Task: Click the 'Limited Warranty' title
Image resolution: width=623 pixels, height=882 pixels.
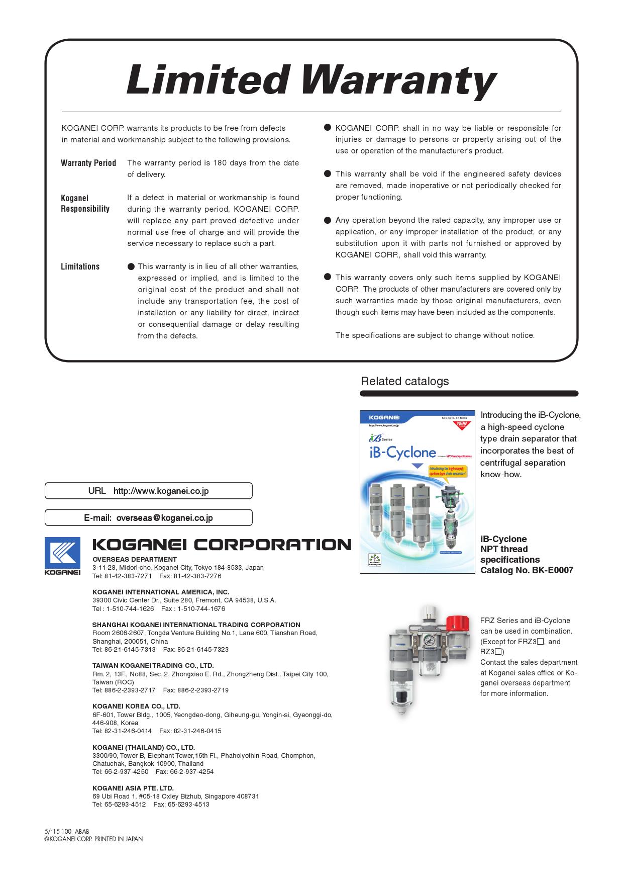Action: pyautogui.click(x=311, y=80)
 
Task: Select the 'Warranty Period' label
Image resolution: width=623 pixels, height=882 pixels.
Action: pyautogui.click(x=88, y=163)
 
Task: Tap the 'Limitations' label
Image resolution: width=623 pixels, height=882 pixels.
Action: pyautogui.click(x=80, y=267)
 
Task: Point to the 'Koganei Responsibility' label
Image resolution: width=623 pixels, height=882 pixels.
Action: pyautogui.click(x=85, y=204)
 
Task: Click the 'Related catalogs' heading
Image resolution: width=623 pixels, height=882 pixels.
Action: pyautogui.click(x=404, y=381)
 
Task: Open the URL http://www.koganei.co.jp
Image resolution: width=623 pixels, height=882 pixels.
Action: pyautogui.click(x=161, y=491)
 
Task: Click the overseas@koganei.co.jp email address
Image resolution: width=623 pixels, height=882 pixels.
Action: pyautogui.click(x=164, y=517)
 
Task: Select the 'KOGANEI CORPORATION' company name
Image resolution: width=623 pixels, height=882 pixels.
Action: pyautogui.click(x=222, y=545)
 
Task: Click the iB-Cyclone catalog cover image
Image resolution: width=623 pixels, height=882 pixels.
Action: pyautogui.click(x=418, y=492)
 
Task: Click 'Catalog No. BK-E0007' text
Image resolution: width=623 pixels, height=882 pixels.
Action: pyautogui.click(x=527, y=570)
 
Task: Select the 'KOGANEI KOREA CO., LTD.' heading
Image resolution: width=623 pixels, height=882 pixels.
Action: pyautogui.click(x=136, y=706)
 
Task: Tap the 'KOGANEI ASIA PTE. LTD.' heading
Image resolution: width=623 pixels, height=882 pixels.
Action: pyautogui.click(x=133, y=788)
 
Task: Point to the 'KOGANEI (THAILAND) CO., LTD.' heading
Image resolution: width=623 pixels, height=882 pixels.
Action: pyautogui.click(x=144, y=747)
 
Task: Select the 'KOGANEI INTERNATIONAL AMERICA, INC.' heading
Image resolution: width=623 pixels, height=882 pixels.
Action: pyautogui.click(x=161, y=592)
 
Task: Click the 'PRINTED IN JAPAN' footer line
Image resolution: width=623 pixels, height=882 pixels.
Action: pyautogui.click(x=93, y=839)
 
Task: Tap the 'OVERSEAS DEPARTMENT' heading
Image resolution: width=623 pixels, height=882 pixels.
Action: pyautogui.click(x=135, y=559)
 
